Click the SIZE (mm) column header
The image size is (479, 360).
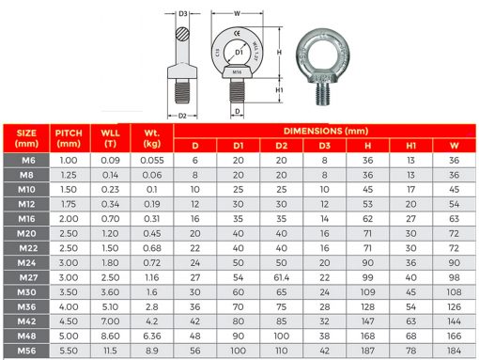(26, 137)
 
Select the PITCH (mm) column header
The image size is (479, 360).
(69, 137)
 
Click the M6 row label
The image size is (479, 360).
(26, 161)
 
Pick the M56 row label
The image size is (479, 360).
(26, 349)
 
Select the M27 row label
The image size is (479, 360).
(26, 279)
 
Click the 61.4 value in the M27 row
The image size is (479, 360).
(280, 279)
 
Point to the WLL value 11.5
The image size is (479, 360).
(109, 349)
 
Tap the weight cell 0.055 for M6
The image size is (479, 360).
(153, 161)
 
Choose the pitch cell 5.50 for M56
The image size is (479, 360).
(69, 349)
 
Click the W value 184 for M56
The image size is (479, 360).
(454, 349)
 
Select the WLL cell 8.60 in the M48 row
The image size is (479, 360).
(109, 335)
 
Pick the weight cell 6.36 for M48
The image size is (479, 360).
(153, 335)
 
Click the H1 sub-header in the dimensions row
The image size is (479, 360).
(409, 146)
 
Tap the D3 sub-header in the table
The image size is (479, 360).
(323, 146)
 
